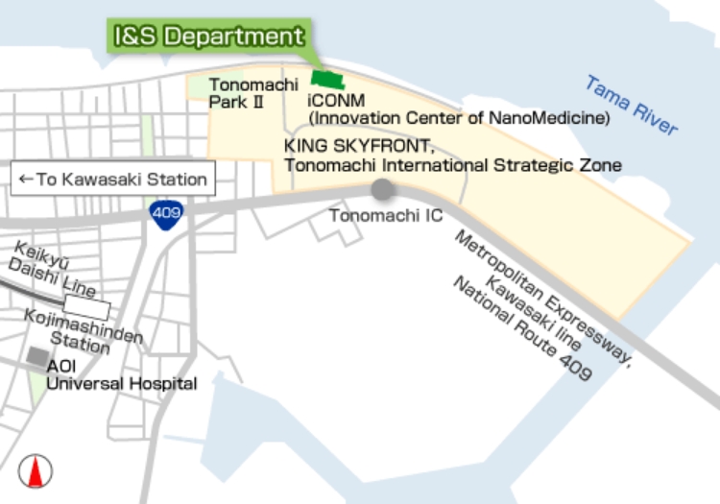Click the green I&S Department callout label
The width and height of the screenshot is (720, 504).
(x=207, y=36)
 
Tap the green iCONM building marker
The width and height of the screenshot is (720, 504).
(x=326, y=80)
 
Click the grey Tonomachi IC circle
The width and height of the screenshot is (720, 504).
(x=382, y=189)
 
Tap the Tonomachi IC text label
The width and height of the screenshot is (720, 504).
(x=386, y=215)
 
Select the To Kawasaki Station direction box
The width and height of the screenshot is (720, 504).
(x=113, y=180)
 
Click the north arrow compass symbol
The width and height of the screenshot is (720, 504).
(x=36, y=471)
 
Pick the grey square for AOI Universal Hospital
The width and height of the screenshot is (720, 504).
(x=38, y=357)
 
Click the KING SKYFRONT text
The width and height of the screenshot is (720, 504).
(x=360, y=147)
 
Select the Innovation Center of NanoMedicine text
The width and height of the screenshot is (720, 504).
(x=459, y=118)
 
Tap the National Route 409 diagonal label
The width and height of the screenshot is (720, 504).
(x=523, y=328)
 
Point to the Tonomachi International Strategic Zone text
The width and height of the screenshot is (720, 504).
(x=452, y=165)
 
